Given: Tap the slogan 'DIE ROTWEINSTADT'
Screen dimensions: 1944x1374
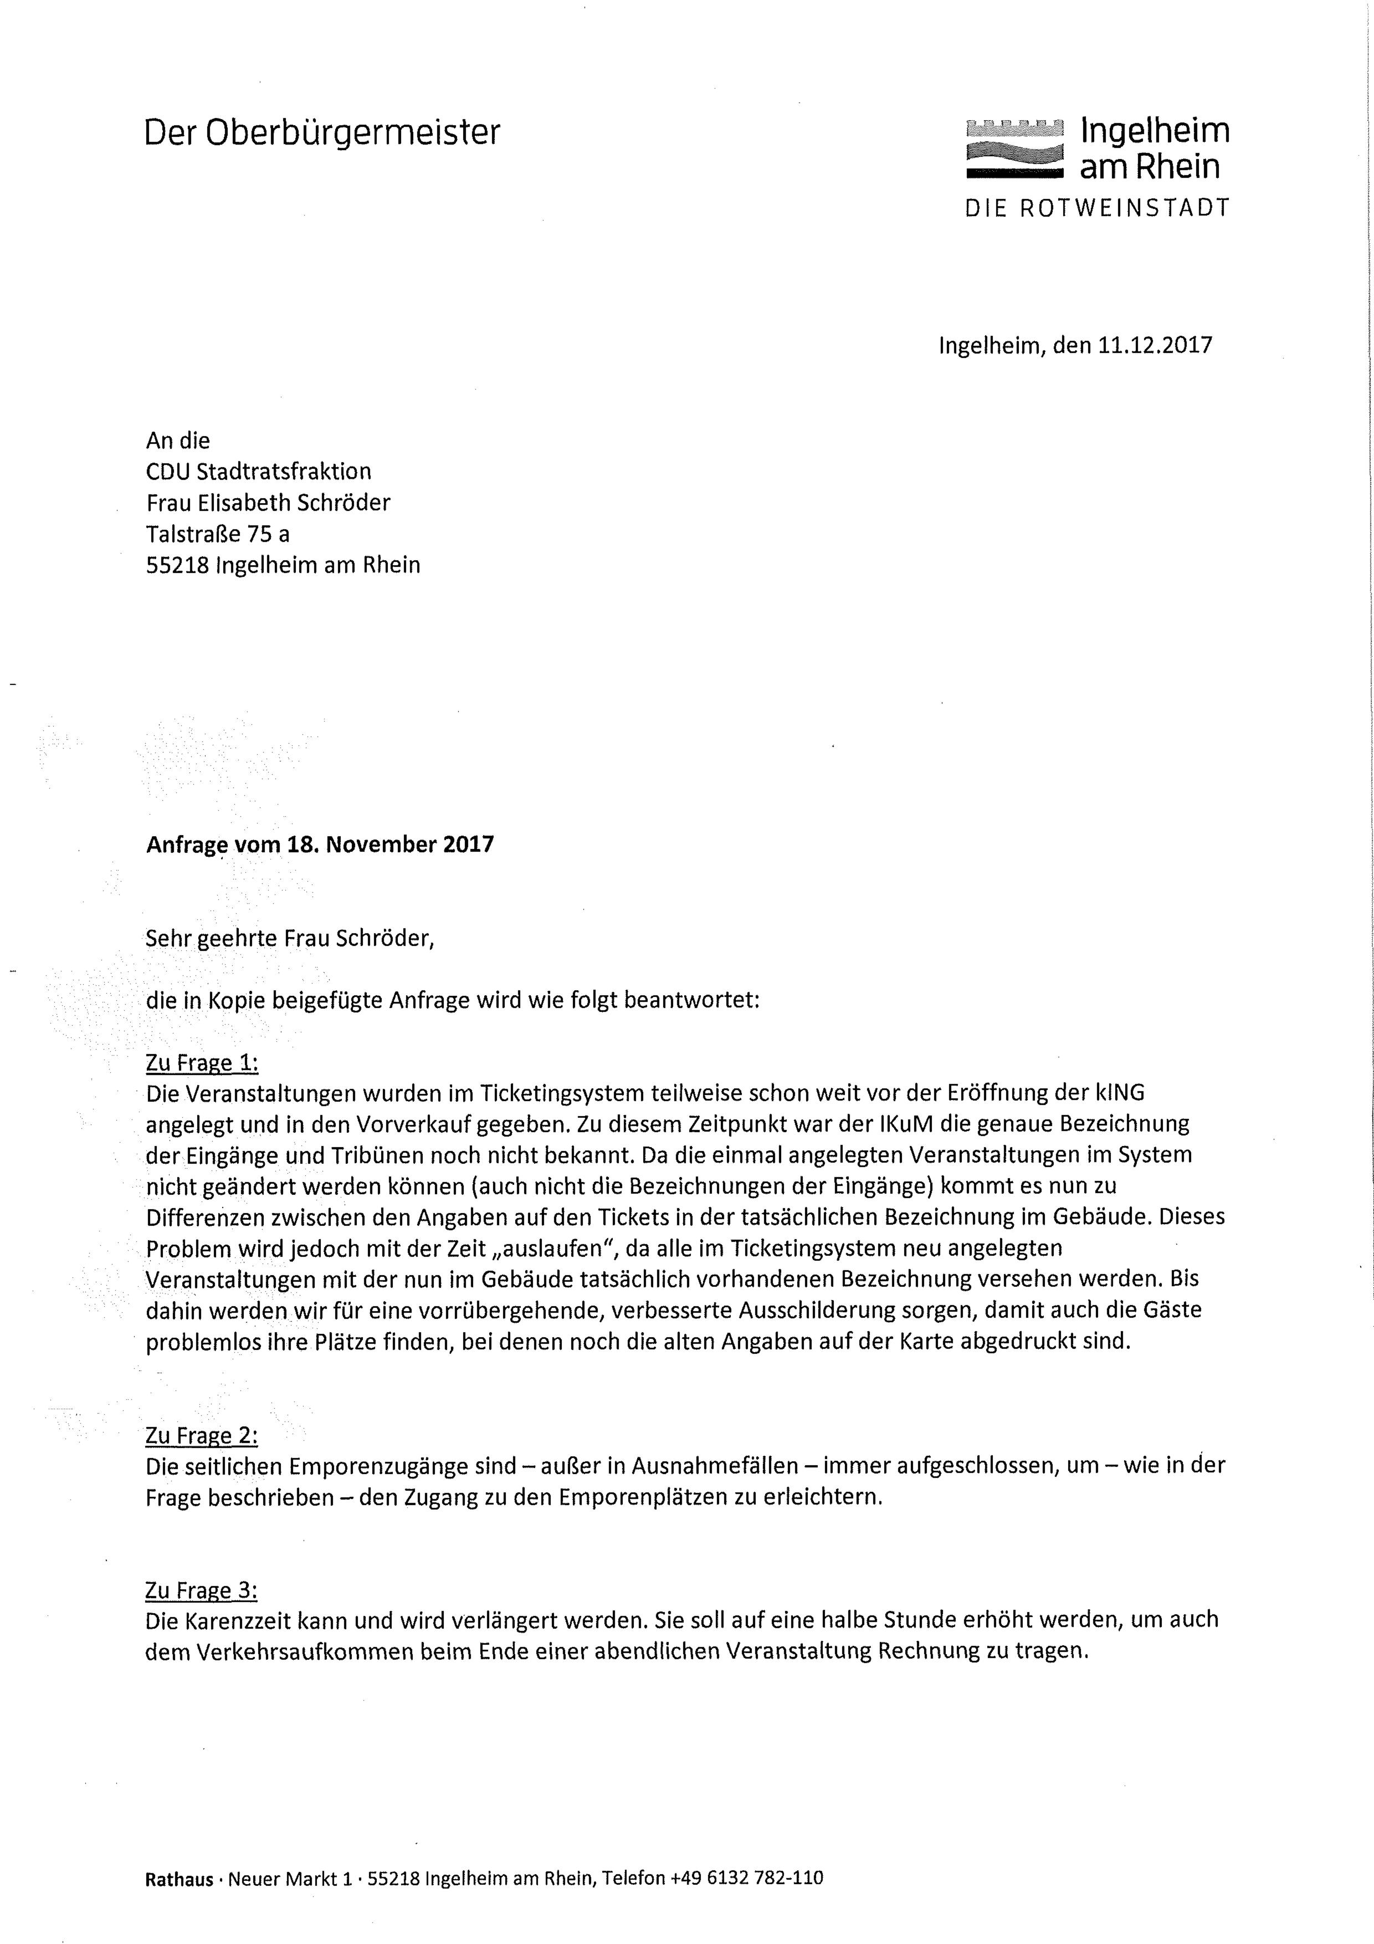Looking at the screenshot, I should click(1097, 208).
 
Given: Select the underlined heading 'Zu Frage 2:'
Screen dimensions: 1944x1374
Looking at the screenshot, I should click(202, 1435).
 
